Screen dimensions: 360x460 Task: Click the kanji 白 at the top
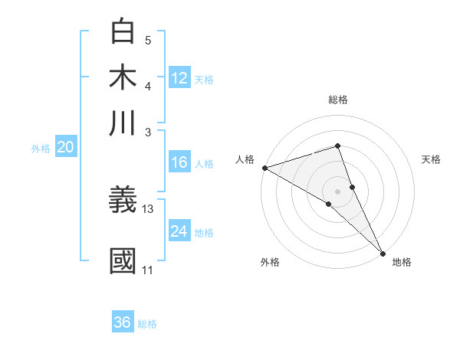(x=123, y=33)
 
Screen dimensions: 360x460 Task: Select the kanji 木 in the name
(x=123, y=77)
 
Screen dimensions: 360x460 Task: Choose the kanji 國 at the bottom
(x=123, y=261)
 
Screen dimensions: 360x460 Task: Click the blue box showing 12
(x=179, y=78)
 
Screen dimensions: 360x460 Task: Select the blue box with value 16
(x=179, y=162)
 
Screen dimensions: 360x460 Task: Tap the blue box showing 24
(x=179, y=231)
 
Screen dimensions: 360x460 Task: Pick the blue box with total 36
(x=123, y=322)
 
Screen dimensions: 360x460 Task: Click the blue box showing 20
(x=66, y=148)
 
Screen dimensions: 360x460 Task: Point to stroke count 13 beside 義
(x=148, y=208)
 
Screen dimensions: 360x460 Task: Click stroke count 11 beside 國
(x=147, y=270)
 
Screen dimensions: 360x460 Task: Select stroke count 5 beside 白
(x=148, y=41)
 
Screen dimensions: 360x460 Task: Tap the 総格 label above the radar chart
(x=338, y=100)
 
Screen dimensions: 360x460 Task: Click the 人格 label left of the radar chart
(x=245, y=159)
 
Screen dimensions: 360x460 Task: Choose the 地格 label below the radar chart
(x=402, y=262)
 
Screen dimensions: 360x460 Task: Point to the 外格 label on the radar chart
(x=270, y=262)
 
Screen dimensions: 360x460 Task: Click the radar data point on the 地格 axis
(x=383, y=251)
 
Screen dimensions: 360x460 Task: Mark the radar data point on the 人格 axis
(x=264, y=168)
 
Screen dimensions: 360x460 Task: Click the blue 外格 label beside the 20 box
(x=41, y=149)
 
